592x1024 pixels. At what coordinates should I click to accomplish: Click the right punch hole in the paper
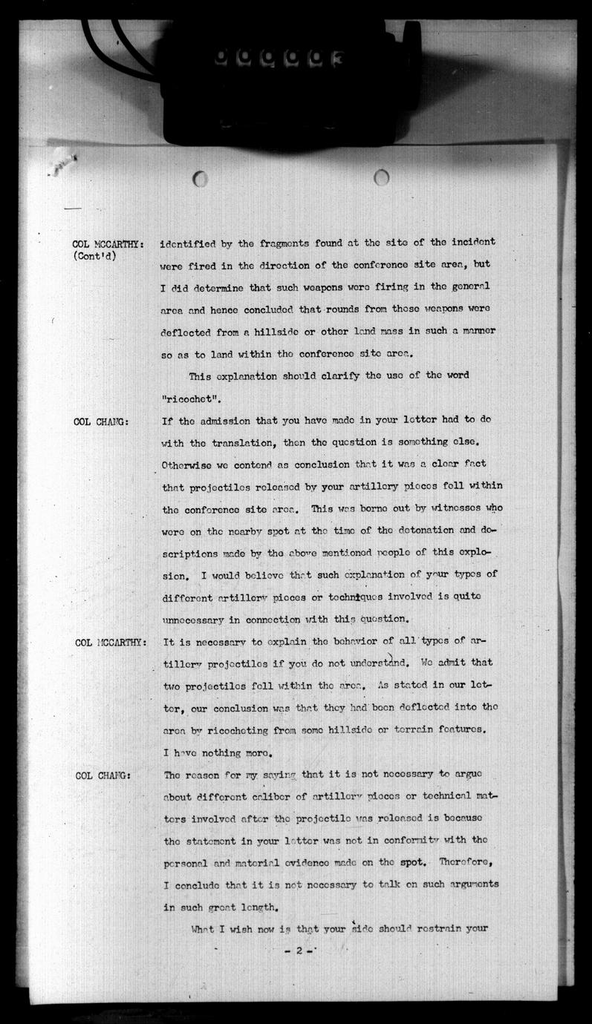(x=381, y=177)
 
